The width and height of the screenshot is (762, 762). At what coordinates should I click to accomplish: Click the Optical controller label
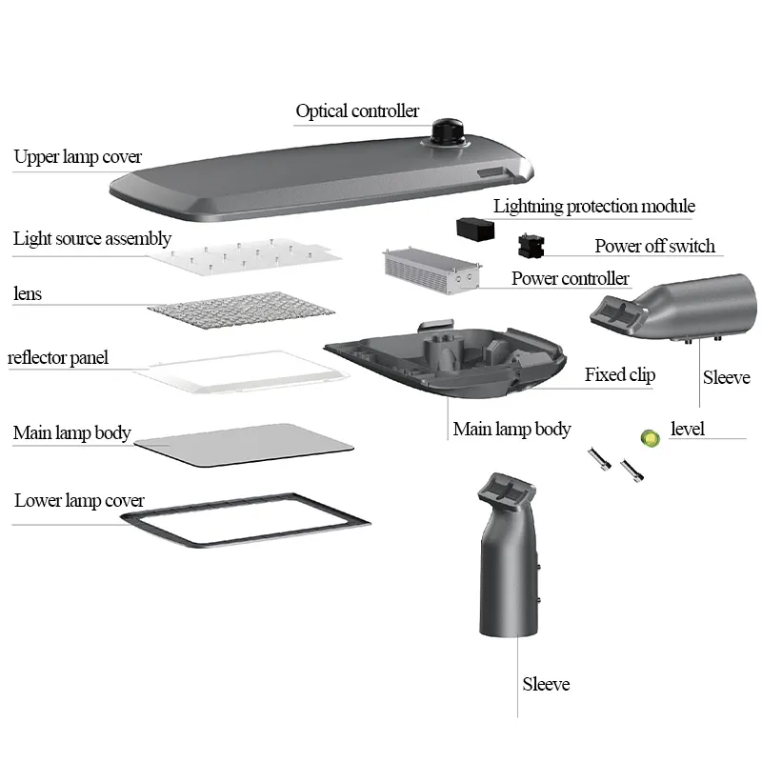click(x=356, y=111)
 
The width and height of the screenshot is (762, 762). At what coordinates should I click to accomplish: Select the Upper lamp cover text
click(x=78, y=157)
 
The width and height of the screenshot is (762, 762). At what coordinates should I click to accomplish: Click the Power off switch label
click(x=654, y=246)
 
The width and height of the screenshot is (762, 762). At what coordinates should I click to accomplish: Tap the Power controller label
click(x=570, y=278)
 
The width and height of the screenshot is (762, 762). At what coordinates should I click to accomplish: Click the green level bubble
click(x=650, y=437)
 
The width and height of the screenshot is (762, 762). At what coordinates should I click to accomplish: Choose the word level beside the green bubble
click(x=687, y=430)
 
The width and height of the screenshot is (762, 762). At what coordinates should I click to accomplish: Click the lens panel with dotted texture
click(x=242, y=311)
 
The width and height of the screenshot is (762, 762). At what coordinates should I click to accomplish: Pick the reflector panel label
click(x=58, y=358)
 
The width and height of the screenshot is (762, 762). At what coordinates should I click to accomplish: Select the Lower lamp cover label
click(x=79, y=500)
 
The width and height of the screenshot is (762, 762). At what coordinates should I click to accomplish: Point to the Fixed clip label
click(x=619, y=374)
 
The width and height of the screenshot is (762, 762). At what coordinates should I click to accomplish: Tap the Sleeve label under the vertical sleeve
click(x=546, y=684)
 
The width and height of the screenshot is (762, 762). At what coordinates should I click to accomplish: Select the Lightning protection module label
click(x=593, y=207)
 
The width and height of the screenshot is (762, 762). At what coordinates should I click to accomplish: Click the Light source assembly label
click(x=92, y=238)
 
